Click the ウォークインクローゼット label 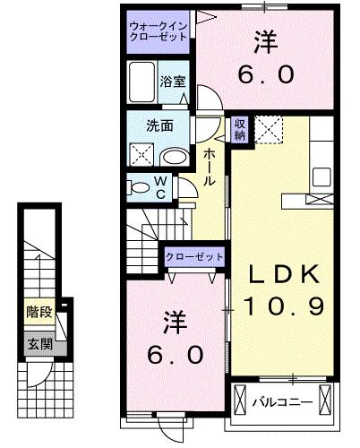point(158,32)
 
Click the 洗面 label point(161,125)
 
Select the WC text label point(161,187)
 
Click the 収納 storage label point(239,129)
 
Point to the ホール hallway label point(209,168)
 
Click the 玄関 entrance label point(37,342)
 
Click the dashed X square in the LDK point(268,129)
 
